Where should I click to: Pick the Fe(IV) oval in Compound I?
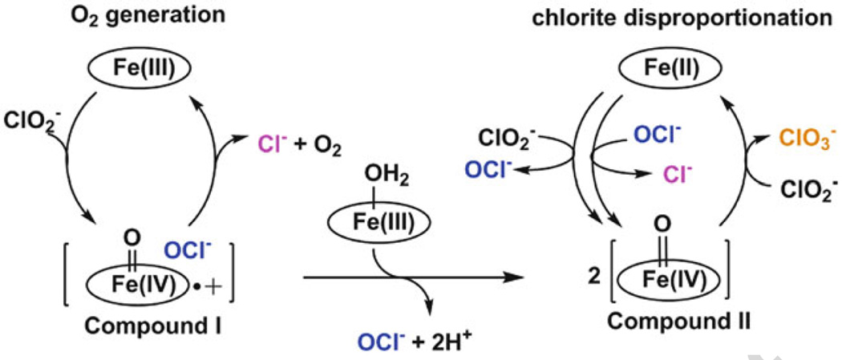click(x=129, y=286)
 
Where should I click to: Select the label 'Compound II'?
click(x=678, y=321)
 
